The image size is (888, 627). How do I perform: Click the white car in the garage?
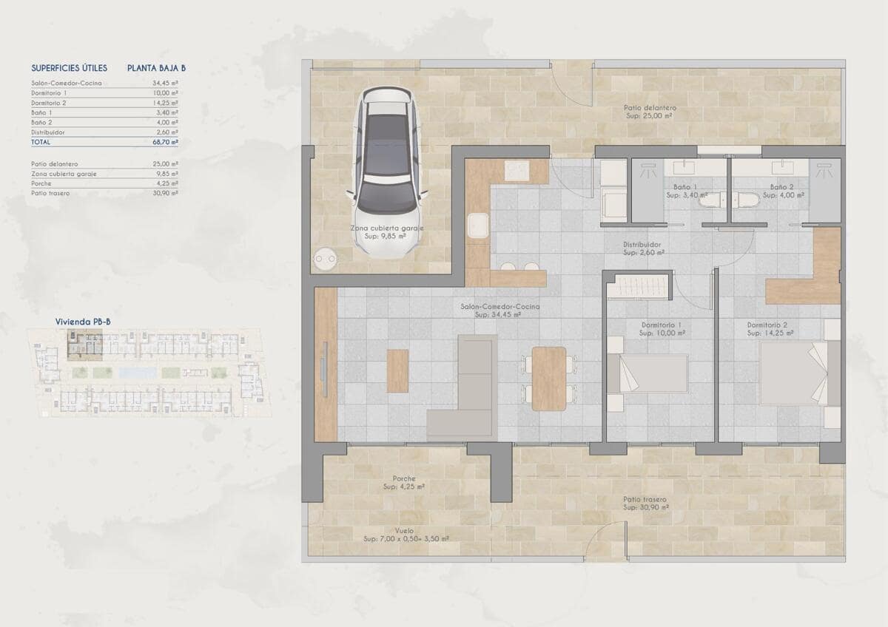tap(387, 172)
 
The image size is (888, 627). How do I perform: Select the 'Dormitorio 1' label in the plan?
tap(662, 325)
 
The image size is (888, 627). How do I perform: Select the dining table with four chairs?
tap(548, 379)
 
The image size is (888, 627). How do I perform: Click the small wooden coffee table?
tap(397, 370)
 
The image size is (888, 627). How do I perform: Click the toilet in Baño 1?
tap(711, 200)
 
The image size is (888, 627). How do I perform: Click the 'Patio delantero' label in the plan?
tap(650, 108)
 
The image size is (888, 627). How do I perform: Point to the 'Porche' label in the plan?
tap(404, 478)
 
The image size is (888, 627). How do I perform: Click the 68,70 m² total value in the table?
tap(166, 141)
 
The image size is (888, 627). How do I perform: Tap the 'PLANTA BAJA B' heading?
tap(156, 68)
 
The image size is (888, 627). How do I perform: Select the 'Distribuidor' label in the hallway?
tap(641, 244)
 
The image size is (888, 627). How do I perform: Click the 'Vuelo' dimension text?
tap(404, 530)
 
